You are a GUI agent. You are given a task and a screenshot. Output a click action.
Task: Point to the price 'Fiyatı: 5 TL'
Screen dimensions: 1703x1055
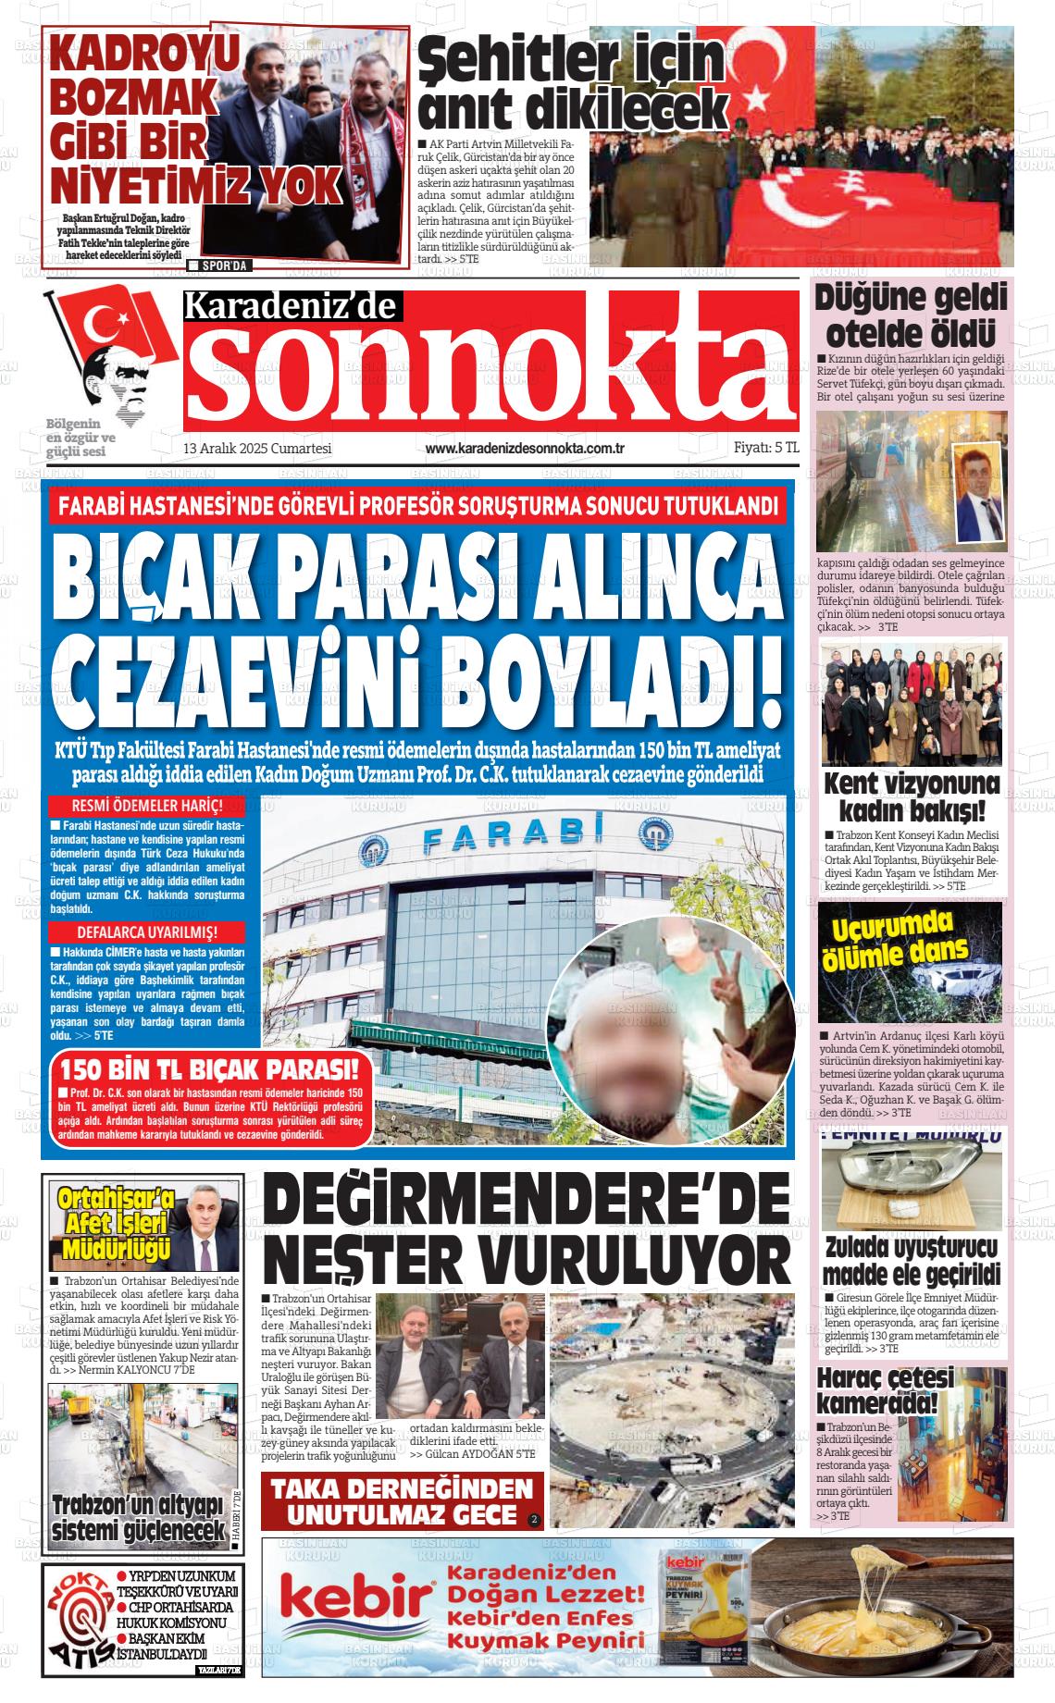765,448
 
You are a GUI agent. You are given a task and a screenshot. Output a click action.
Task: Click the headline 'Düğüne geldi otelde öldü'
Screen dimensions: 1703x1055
910,315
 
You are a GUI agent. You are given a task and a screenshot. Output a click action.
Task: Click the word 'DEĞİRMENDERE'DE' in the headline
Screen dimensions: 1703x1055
527,1201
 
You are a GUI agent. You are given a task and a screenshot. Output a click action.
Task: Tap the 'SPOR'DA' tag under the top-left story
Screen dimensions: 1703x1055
219,266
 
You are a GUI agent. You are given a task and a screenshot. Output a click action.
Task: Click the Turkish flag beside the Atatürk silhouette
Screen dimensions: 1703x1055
102,319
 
